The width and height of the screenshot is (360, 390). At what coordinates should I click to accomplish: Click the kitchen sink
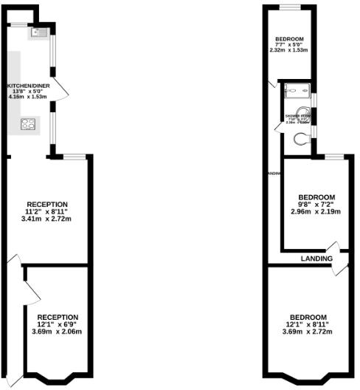click(38, 32)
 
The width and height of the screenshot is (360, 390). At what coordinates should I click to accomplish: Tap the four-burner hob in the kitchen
click(30, 124)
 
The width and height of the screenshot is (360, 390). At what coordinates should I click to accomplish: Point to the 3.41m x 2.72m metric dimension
click(47, 219)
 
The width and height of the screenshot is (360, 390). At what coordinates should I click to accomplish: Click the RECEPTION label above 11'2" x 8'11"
click(47, 204)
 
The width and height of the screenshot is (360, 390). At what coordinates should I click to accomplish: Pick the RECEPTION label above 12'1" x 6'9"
click(58, 317)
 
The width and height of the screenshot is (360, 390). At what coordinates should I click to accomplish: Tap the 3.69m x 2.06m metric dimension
click(58, 332)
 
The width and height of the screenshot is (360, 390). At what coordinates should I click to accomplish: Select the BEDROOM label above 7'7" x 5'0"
click(290, 38)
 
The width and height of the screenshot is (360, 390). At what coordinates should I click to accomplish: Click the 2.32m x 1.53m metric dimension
click(290, 50)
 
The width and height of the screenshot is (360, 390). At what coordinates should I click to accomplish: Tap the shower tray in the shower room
click(297, 92)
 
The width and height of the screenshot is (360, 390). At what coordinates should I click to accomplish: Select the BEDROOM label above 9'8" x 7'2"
click(316, 197)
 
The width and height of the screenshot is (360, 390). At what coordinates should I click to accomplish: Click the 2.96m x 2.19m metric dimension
click(316, 212)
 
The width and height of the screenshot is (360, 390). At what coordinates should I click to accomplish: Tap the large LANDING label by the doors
click(316, 259)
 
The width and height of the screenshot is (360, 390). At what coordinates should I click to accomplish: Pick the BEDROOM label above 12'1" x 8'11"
click(308, 317)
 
